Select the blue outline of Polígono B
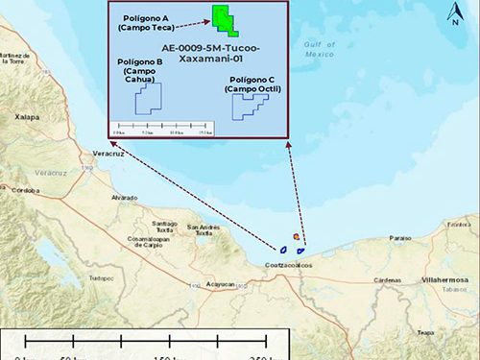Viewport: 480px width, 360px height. [149, 98]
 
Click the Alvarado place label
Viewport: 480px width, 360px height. [124, 197]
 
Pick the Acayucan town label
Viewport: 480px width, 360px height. [221, 285]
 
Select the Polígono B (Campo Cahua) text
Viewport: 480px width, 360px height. [139, 68]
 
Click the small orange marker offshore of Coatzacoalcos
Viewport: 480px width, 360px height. [298, 237]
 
